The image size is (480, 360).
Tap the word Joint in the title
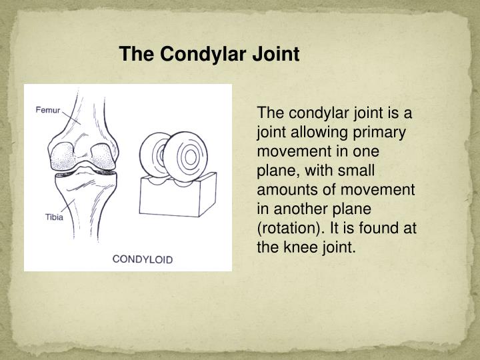click(x=276, y=54)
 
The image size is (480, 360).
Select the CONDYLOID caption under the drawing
click(x=142, y=259)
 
